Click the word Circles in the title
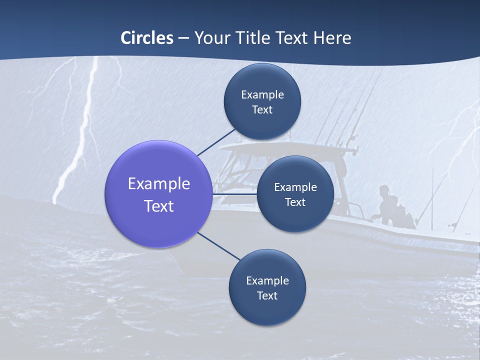tap(147, 38)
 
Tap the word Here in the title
tap(332, 38)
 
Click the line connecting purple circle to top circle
tap(216, 142)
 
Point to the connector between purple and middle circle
tap(235, 194)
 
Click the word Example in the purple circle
tap(159, 183)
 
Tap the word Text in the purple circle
tap(159, 205)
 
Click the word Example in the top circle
tap(262, 94)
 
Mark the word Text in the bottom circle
tap(267, 295)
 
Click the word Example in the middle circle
tap(295, 187)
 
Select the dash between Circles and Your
tap(183, 38)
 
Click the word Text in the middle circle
tap(295, 202)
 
